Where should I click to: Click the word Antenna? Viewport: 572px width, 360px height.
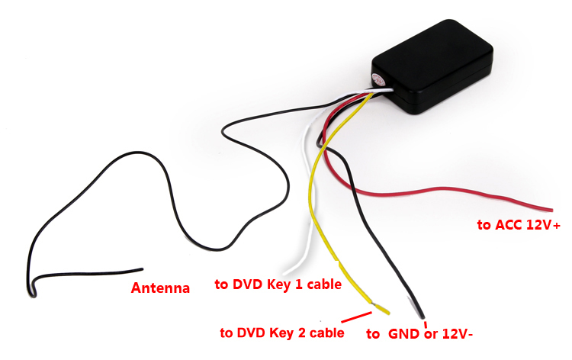click(160, 288)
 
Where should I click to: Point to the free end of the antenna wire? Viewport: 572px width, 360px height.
click(142, 269)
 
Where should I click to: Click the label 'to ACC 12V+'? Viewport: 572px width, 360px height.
click(519, 225)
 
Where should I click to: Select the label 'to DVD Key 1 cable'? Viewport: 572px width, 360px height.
click(277, 284)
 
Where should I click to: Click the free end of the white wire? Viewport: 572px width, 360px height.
click(284, 272)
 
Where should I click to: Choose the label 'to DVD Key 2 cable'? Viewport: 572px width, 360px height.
click(281, 333)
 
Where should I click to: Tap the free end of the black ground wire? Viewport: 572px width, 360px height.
click(421, 315)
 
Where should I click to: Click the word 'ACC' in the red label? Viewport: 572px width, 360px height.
click(508, 225)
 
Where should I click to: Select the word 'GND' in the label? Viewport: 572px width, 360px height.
click(404, 333)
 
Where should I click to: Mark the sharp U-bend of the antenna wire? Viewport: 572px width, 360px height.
click(31, 287)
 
